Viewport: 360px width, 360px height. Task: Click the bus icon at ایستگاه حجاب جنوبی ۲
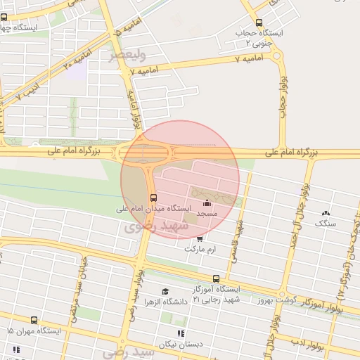tap(259, 22)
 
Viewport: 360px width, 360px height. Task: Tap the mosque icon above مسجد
tap(206, 204)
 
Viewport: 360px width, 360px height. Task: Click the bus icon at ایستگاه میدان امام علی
tap(153, 198)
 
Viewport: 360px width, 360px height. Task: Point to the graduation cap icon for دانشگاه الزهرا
tap(165, 291)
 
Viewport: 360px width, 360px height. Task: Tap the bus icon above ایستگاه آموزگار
tap(216, 279)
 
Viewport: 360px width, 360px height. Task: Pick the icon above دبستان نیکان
tap(181, 333)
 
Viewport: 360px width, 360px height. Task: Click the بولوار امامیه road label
tap(134, 105)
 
